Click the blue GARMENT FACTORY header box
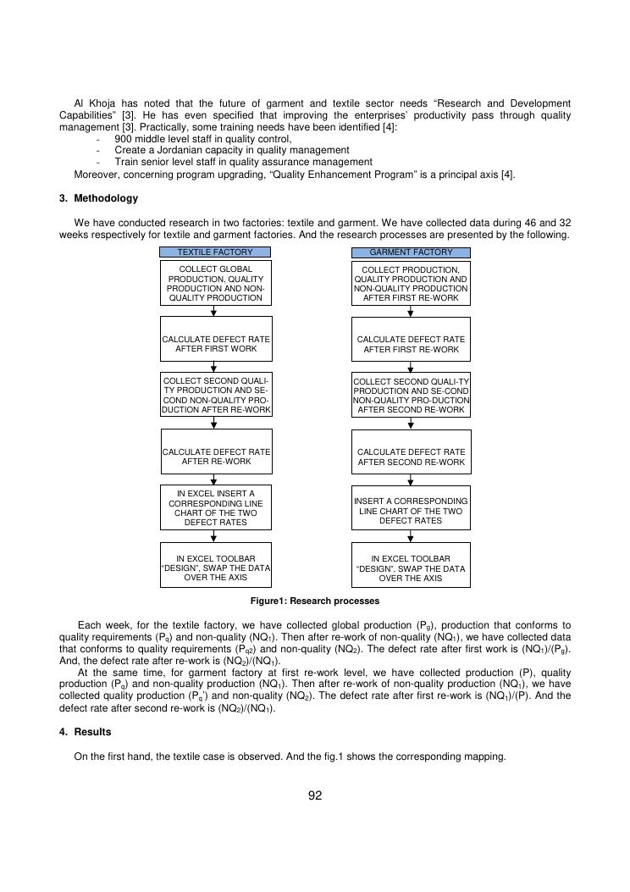coord(411,252)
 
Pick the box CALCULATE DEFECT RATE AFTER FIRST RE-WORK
coord(411,344)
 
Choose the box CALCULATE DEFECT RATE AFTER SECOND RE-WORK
coord(411,457)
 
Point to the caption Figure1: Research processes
coord(314,601)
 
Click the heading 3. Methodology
coord(98,198)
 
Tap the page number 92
coord(315,795)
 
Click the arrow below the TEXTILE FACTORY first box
coord(214,311)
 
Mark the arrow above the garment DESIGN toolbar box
coord(411,537)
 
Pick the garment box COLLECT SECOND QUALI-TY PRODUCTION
coord(411,395)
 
